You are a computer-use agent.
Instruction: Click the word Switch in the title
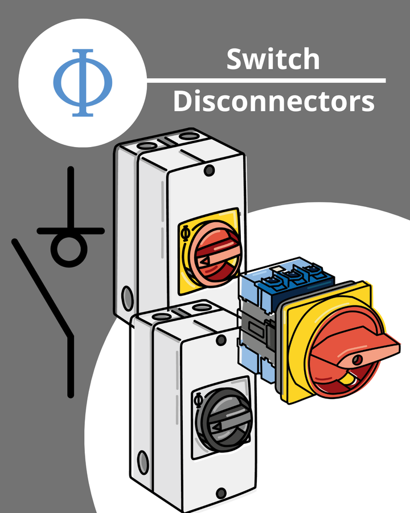point(273,59)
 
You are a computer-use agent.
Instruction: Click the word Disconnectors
point(273,101)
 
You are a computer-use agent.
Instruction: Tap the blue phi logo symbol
point(83,83)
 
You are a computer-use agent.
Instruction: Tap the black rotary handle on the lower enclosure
point(222,420)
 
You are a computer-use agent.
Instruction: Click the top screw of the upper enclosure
point(209,169)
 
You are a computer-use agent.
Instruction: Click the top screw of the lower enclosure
point(221,341)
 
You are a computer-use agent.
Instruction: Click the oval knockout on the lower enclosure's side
point(142,461)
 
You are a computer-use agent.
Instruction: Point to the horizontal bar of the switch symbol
point(71,231)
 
